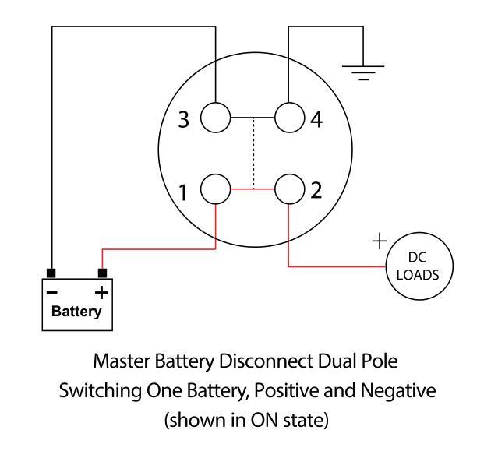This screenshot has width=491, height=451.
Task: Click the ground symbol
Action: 363,72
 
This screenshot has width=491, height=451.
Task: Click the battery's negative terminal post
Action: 51,273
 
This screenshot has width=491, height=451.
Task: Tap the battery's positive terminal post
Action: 102,273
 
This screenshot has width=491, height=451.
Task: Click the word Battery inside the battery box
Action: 76,312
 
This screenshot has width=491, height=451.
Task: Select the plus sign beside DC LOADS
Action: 380,241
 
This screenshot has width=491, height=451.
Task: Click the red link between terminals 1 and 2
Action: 253,189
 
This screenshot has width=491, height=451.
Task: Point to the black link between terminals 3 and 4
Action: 253,118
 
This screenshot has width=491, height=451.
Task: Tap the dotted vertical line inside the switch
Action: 253,153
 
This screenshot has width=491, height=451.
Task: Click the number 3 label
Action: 183,119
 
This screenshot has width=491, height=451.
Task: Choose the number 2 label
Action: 316,190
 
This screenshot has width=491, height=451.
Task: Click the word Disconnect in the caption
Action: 267,361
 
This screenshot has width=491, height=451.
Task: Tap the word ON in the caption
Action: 264,420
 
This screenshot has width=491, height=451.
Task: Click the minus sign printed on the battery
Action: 52,293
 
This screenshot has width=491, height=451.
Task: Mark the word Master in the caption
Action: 122,361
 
